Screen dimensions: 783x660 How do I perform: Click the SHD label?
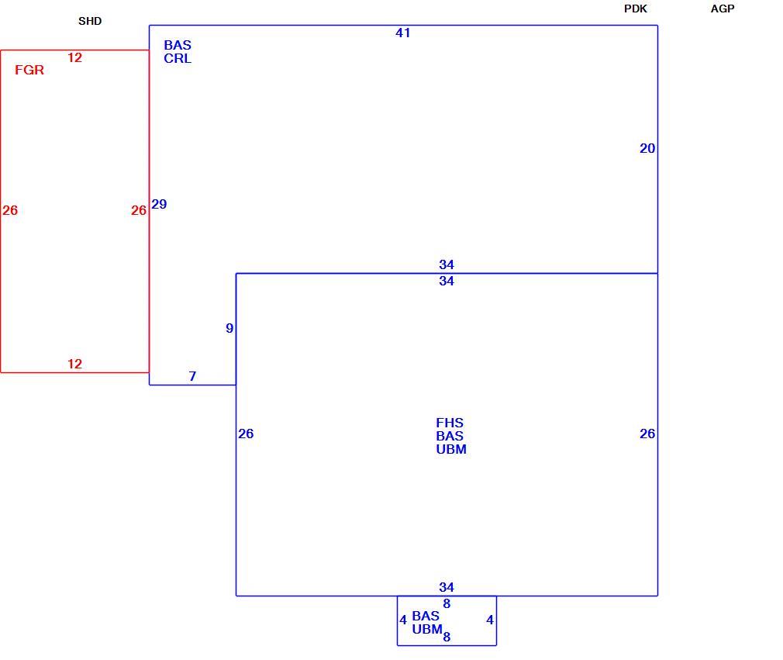(90, 21)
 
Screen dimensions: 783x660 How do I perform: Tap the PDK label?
(635, 9)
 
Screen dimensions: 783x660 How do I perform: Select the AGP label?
(722, 9)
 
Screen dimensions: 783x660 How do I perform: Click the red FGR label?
(29, 70)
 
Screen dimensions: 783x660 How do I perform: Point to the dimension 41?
(402, 33)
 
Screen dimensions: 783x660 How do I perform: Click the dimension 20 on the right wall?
(647, 148)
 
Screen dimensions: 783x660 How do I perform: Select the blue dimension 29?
(159, 204)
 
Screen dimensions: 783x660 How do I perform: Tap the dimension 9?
(229, 328)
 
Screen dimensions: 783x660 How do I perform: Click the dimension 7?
(192, 375)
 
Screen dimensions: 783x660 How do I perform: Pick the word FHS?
(450, 423)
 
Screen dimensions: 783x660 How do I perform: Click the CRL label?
(178, 58)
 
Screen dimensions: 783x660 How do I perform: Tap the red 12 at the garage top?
(74, 57)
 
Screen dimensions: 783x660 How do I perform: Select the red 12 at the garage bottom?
(74, 364)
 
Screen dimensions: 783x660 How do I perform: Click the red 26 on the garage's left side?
(10, 210)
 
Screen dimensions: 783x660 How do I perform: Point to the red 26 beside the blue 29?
(138, 210)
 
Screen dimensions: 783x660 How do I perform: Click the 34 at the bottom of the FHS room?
(447, 587)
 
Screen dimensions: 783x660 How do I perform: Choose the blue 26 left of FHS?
(246, 434)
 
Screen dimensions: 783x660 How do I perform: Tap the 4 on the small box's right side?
(490, 620)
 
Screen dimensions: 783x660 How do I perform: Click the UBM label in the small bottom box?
(427, 629)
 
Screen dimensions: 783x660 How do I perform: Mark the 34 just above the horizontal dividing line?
(447, 264)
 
